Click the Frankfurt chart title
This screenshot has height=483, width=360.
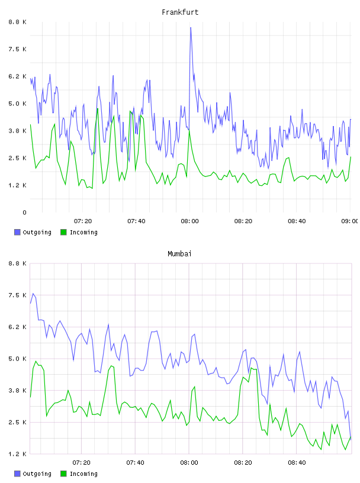pyautogui.click(x=180, y=12)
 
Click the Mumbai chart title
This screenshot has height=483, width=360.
pyautogui.click(x=179, y=254)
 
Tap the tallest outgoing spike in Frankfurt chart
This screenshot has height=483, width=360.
pyautogui.click(x=191, y=28)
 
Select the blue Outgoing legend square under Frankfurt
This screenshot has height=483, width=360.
pyautogui.click(x=17, y=232)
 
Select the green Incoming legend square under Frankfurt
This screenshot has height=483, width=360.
pyautogui.click(x=63, y=232)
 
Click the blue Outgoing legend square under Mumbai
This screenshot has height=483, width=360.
pyautogui.click(x=17, y=474)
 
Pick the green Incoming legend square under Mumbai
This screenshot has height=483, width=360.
pyautogui.click(x=63, y=474)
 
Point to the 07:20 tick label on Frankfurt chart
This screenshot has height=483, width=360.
pyautogui.click(x=83, y=221)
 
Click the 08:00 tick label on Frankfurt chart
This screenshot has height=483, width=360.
pyautogui.click(x=189, y=221)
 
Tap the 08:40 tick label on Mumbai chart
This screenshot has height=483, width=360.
pyautogui.click(x=297, y=463)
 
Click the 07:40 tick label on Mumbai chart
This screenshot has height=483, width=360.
pyautogui.click(x=136, y=463)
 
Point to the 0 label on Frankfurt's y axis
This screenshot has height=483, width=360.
pyautogui.click(x=25, y=212)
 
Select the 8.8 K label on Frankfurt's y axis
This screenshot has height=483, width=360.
pyautogui.click(x=17, y=22)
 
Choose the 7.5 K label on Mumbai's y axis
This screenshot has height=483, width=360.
pyautogui.click(x=17, y=295)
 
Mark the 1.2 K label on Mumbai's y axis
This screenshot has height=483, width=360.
pyautogui.click(x=17, y=454)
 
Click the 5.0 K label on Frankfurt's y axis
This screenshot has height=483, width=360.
pyautogui.click(x=17, y=104)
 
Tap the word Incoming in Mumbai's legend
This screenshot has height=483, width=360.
pyautogui.click(x=83, y=474)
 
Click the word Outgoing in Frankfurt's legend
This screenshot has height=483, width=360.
pyautogui.click(x=37, y=233)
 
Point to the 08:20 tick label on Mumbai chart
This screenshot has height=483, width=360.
pyautogui.click(x=243, y=463)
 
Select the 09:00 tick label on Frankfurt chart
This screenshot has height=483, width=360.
pyautogui.click(x=349, y=221)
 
